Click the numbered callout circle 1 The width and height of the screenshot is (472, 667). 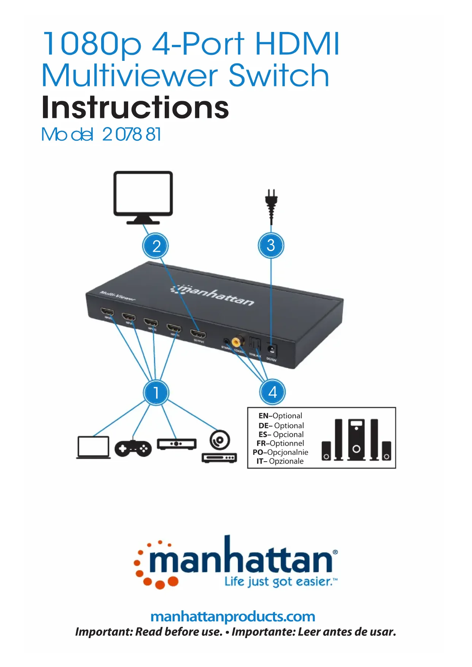point(156,392)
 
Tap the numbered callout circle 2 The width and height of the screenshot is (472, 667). point(156,246)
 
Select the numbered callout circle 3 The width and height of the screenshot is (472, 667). point(271,245)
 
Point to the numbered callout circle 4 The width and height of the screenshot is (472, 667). point(272,392)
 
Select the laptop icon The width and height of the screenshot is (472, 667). point(93,447)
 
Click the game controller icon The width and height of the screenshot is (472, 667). point(133,448)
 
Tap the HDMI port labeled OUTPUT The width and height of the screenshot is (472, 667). point(198,335)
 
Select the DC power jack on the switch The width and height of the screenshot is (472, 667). point(272,349)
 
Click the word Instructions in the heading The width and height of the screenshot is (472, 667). point(135,107)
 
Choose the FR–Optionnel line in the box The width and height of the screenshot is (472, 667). point(280,443)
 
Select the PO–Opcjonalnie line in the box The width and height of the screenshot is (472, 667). point(280,452)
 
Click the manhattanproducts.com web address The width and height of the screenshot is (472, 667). point(233,616)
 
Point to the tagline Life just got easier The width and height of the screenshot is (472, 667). point(280,581)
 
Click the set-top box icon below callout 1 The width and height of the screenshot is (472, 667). point(177,444)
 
